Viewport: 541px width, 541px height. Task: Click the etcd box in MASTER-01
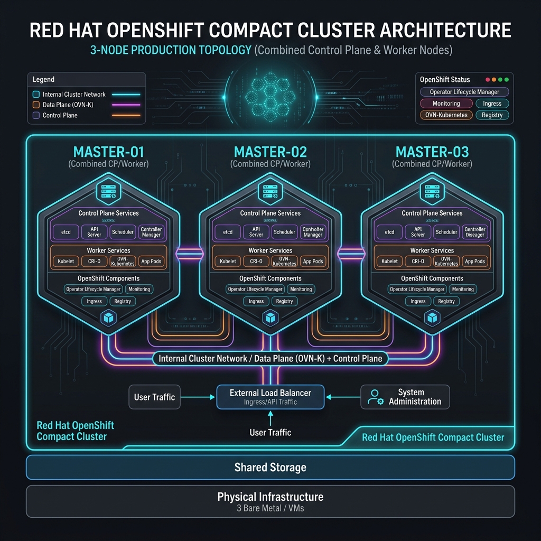66,232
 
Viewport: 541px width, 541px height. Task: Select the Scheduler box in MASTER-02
285,232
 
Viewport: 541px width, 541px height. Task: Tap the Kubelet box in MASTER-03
389,262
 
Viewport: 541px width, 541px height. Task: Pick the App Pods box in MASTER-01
152,262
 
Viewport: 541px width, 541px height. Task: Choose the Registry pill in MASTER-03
446,301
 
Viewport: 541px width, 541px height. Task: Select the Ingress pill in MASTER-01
95,301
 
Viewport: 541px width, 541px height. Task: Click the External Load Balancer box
270,397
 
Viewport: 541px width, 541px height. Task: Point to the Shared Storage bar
270,467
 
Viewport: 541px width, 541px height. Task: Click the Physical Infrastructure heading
270,497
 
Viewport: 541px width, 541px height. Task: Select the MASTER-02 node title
270,152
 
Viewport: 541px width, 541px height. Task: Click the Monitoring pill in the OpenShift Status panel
446,104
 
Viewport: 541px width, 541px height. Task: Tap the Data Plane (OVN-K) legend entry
68,105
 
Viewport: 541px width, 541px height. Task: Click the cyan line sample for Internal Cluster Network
126,95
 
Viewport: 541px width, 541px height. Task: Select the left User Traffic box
154,397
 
